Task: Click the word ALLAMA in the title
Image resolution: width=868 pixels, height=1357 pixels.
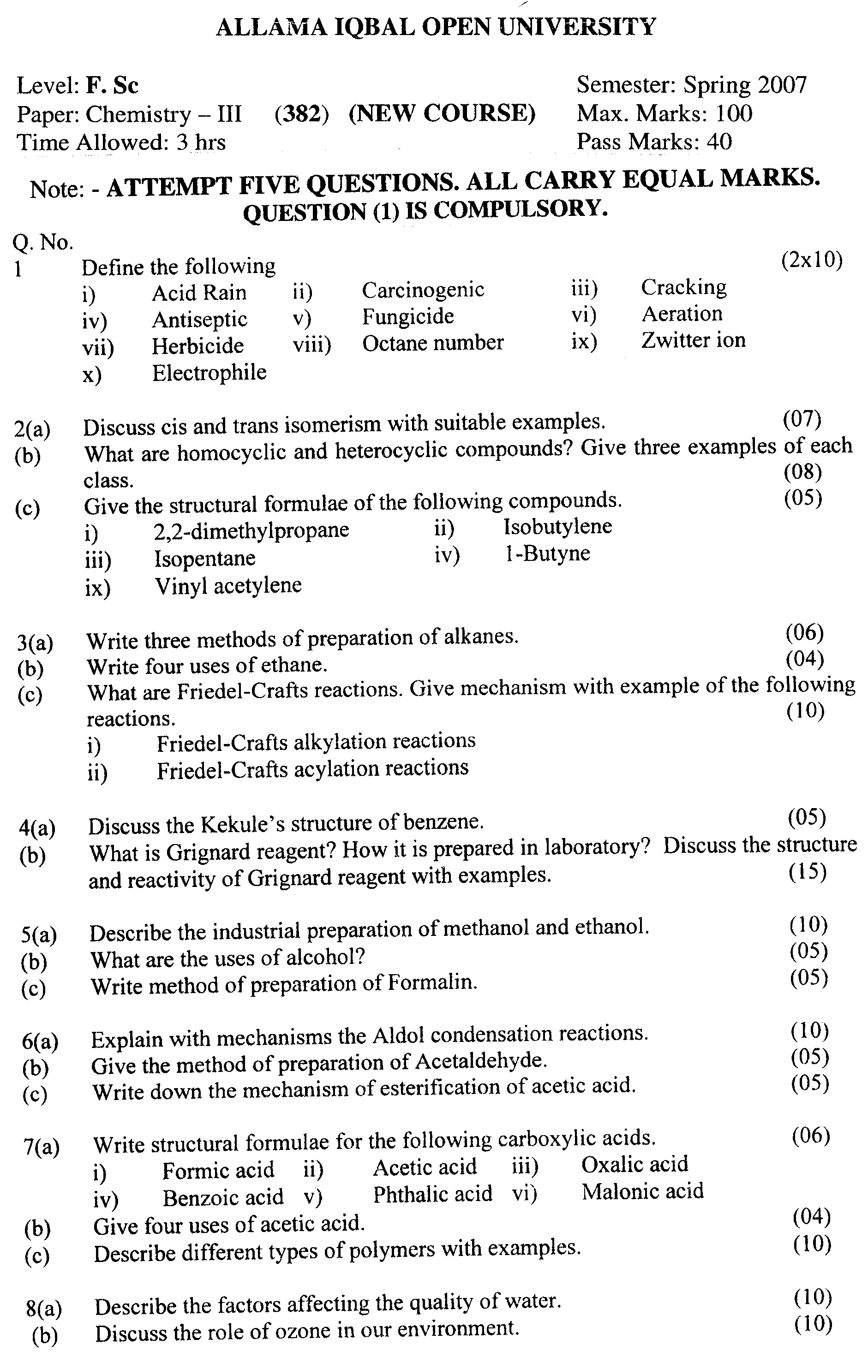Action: (271, 27)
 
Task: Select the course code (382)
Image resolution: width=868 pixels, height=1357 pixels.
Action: (301, 114)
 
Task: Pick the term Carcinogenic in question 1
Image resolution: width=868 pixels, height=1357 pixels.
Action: (423, 290)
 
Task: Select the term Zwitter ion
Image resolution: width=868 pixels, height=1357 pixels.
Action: (693, 340)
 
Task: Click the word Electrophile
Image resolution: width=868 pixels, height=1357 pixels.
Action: (209, 373)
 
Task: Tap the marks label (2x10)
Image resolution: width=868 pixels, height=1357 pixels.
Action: (812, 260)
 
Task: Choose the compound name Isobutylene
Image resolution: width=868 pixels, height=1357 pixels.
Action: (557, 526)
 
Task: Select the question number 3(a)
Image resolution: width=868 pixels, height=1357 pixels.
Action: (35, 643)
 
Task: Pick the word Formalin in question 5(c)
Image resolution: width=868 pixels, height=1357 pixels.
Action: (432, 983)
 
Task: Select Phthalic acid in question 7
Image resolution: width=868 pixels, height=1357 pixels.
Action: (432, 1194)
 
